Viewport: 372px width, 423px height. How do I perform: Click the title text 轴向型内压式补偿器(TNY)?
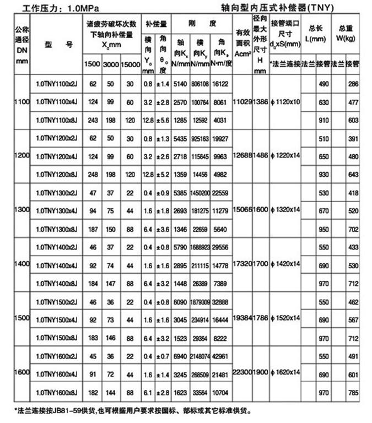point(276,8)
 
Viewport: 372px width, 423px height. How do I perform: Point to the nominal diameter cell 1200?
point(22,156)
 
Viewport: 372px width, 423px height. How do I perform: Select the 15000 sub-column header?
point(130,64)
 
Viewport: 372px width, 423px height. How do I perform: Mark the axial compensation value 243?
point(92,120)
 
